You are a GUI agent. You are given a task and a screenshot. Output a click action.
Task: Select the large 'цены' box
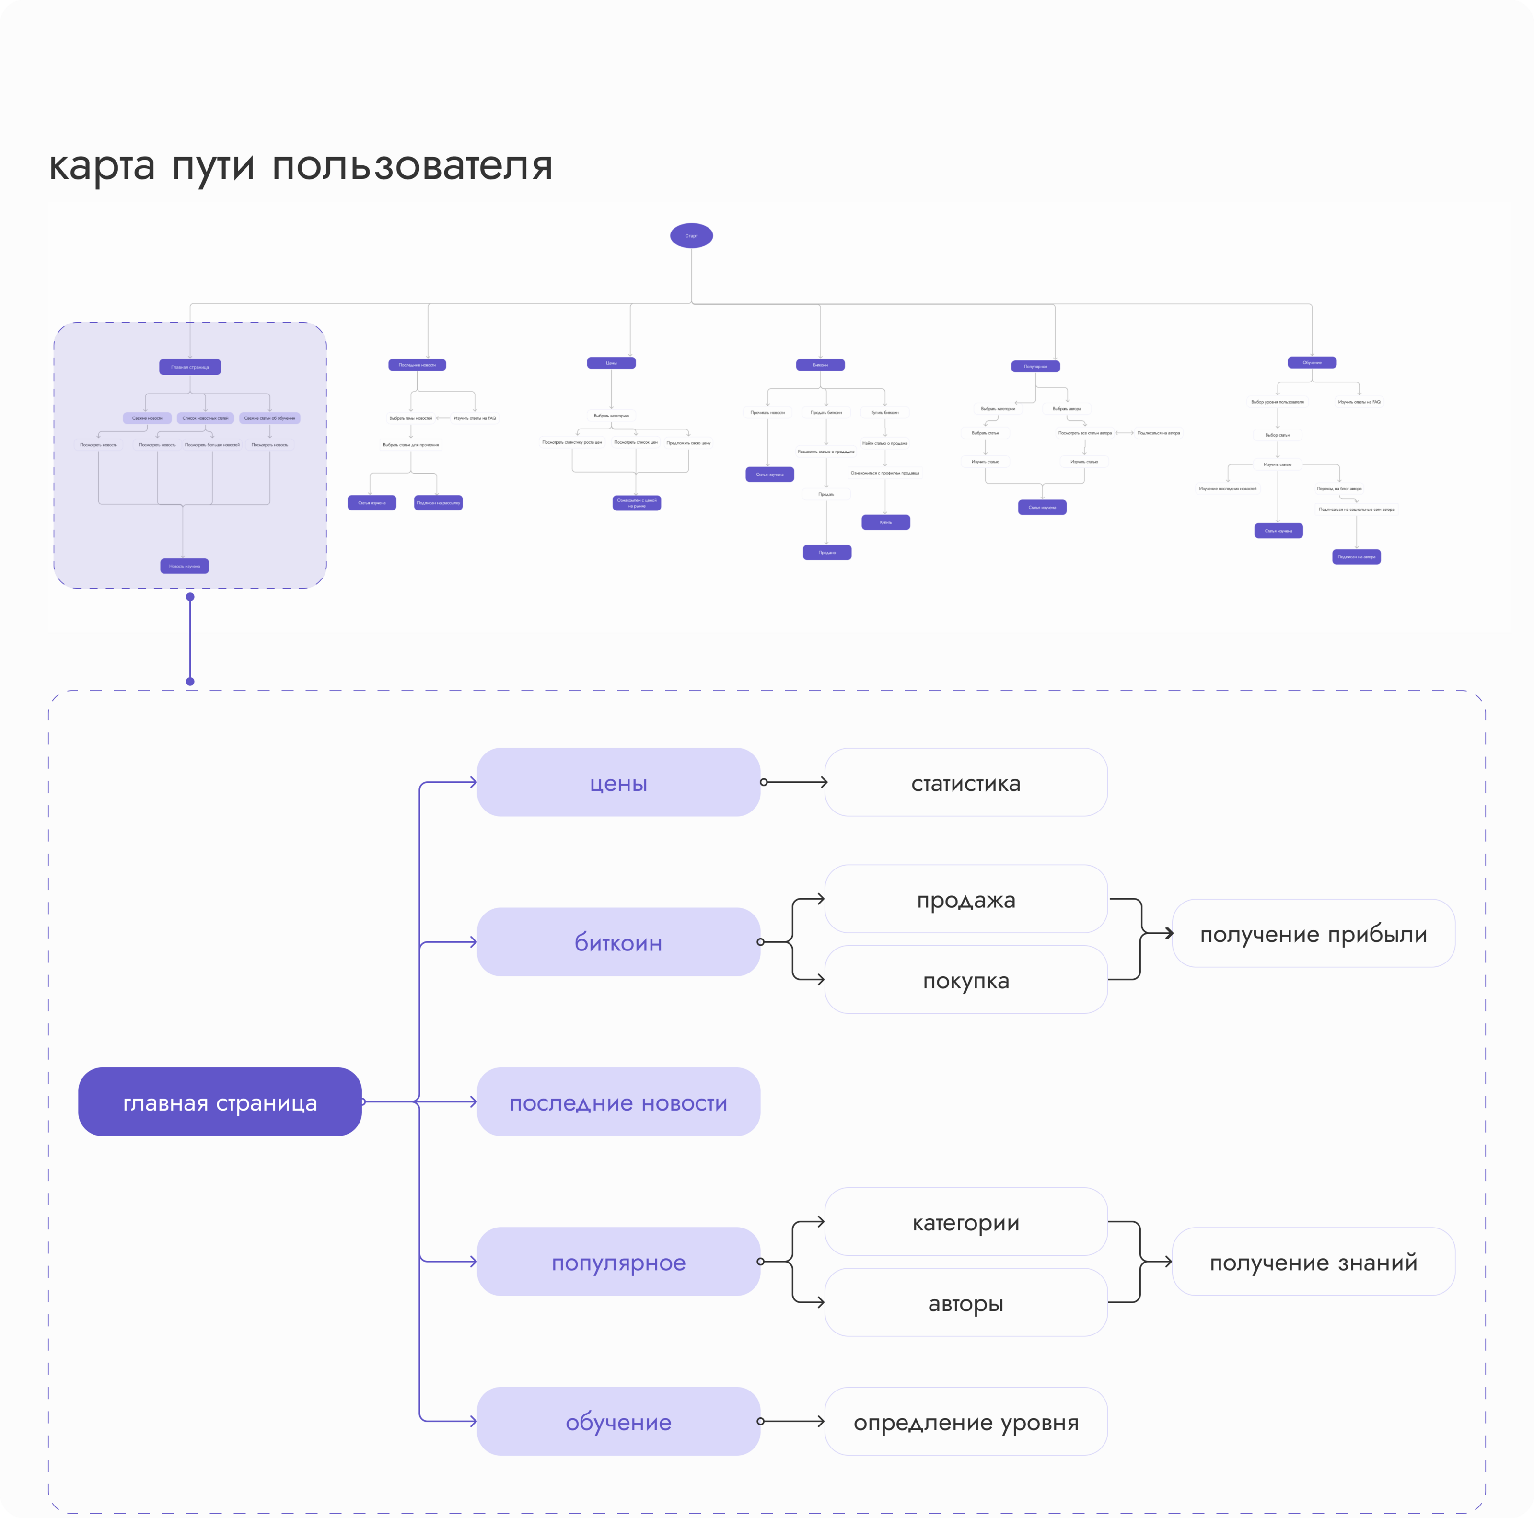pos(618,782)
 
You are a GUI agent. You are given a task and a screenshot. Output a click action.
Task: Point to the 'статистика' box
pos(965,782)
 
